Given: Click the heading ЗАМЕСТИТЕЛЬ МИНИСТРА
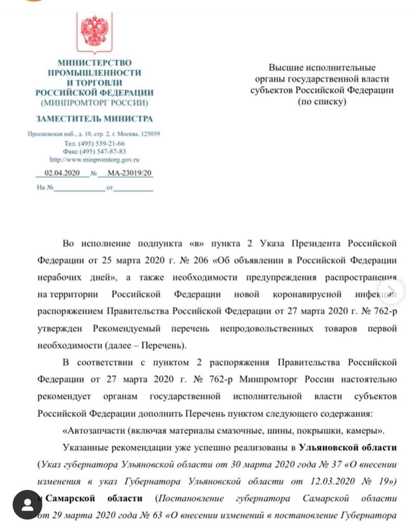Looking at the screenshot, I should [94, 119].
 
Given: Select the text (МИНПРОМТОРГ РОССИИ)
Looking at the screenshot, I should [94, 103].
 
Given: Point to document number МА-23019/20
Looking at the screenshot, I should [130, 174].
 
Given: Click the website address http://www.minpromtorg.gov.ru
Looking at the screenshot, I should [94, 159].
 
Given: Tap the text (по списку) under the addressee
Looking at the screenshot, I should [322, 102].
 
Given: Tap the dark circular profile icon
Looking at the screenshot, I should [27, 505].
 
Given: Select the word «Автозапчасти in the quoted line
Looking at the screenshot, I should [90, 431].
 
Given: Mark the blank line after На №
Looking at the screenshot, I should [79, 188].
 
